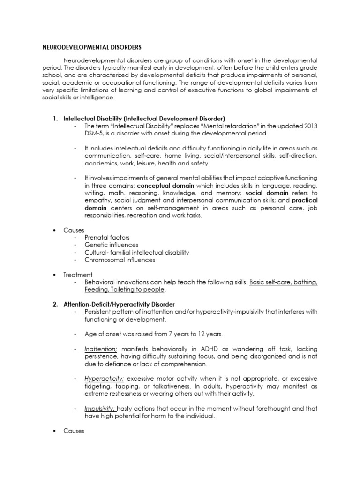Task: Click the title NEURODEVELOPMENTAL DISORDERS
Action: [x=88, y=47]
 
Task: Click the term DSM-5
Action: [x=94, y=134]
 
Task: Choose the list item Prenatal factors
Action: [x=107, y=238]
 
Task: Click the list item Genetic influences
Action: [x=111, y=245]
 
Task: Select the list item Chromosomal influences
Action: [x=120, y=260]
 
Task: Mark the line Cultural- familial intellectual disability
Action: [x=137, y=252]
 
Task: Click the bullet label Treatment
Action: [x=78, y=274]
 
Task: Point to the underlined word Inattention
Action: [x=101, y=348]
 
